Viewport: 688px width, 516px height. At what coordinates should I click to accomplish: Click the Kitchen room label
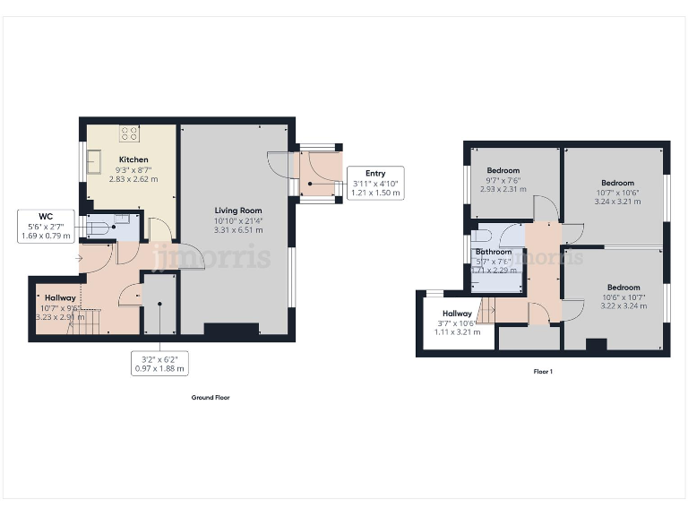click(x=133, y=159)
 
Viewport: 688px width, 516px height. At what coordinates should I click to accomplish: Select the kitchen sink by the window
click(x=93, y=165)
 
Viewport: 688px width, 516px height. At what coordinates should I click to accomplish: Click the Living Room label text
click(x=237, y=211)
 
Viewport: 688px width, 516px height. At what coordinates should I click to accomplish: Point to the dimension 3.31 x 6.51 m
click(x=237, y=229)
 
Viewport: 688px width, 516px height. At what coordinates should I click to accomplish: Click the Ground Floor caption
click(x=211, y=397)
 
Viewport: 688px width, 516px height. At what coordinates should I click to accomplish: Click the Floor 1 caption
click(x=542, y=371)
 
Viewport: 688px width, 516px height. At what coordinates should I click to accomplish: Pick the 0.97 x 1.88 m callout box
click(x=159, y=363)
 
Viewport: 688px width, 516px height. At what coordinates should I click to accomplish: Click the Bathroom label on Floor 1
click(x=493, y=252)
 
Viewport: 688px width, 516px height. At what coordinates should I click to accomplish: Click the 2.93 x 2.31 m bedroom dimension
click(x=502, y=189)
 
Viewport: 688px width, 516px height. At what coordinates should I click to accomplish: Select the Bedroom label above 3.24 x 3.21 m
click(x=616, y=183)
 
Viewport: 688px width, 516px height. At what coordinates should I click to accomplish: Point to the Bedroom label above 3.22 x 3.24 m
click(x=616, y=278)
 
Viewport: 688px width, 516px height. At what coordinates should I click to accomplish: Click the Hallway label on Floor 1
click(x=457, y=314)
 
